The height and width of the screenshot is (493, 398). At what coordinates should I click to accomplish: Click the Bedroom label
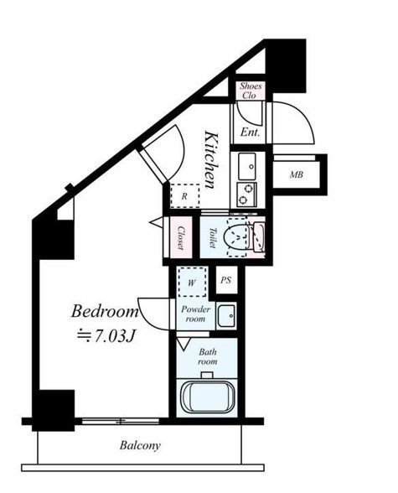[x=105, y=311]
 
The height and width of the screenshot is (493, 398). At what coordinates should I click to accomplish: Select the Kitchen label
[x=210, y=160]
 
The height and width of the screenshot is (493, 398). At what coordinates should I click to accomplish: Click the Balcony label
[x=140, y=445]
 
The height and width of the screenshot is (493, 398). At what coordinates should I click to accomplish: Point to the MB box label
[x=297, y=174]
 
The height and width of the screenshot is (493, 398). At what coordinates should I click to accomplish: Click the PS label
[x=226, y=280]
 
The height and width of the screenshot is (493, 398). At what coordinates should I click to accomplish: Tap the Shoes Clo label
[x=251, y=91]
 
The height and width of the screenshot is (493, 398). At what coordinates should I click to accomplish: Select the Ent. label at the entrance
[x=250, y=132]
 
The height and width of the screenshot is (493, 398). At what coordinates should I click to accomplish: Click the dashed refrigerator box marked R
[x=185, y=196]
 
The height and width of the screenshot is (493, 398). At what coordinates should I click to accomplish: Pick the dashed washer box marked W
[x=192, y=282]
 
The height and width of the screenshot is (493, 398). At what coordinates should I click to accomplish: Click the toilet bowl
[x=237, y=236]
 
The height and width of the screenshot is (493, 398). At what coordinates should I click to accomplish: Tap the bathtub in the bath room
[x=207, y=397]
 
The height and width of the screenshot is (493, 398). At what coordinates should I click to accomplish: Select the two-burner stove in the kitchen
[x=247, y=195]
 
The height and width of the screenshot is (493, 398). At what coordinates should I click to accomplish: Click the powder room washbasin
[x=226, y=315]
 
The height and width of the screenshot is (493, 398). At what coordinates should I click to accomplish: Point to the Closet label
[x=181, y=238]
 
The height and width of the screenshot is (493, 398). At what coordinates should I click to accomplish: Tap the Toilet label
[x=213, y=238]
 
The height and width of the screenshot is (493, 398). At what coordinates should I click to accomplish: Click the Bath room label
[x=207, y=356]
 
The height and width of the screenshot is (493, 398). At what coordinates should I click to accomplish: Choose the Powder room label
[x=195, y=314]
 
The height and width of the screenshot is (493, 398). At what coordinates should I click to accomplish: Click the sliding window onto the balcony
[x=121, y=421]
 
